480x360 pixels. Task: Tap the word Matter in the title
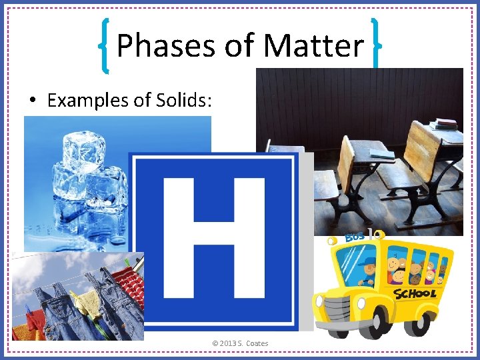[313, 46]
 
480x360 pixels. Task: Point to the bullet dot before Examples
[32, 101]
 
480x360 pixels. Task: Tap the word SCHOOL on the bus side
[414, 293]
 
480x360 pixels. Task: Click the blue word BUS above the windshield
[355, 237]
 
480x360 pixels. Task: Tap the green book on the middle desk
[383, 155]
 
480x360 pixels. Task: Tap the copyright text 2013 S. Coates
[241, 343]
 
